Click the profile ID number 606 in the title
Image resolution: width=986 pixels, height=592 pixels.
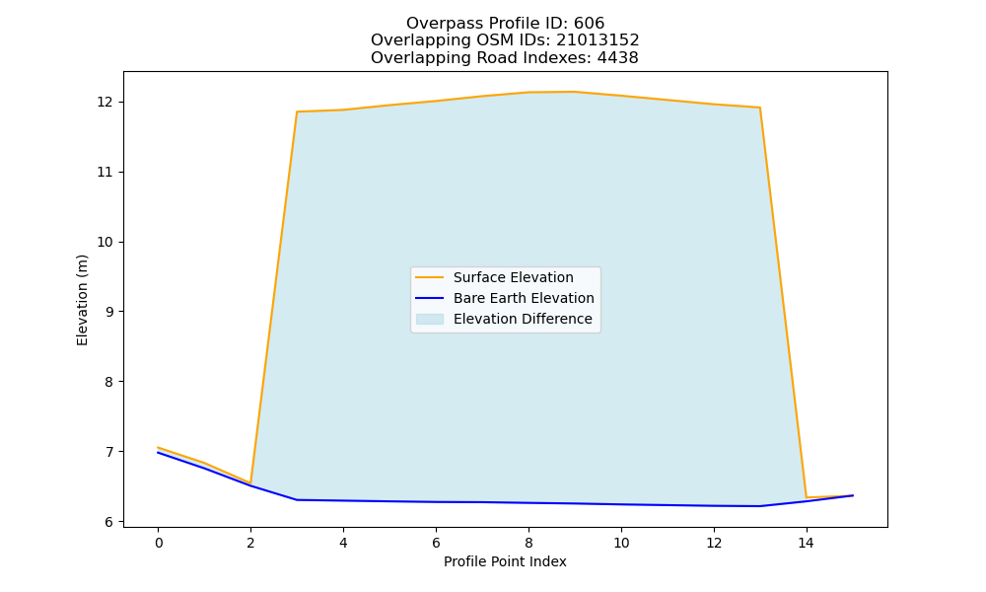click(x=589, y=24)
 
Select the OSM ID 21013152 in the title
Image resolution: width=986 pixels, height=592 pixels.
click(x=598, y=40)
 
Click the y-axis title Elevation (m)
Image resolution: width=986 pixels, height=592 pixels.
click(x=82, y=300)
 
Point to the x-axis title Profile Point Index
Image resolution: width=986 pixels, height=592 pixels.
click(x=505, y=561)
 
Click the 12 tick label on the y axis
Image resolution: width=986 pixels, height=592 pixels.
click(x=106, y=102)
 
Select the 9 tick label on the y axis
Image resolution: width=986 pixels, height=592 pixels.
click(x=109, y=312)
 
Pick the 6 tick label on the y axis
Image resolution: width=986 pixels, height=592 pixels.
click(x=109, y=522)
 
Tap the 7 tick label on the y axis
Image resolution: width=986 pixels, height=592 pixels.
click(x=109, y=452)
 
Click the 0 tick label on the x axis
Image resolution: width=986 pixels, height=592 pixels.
click(x=159, y=543)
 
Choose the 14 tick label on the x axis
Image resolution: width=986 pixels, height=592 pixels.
click(x=807, y=543)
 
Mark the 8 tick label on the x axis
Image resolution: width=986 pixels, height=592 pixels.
click(x=528, y=543)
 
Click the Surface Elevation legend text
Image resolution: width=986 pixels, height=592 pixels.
click(x=513, y=277)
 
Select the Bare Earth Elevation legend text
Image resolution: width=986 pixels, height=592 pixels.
click(x=524, y=298)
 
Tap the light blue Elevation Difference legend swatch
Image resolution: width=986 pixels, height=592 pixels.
click(x=430, y=319)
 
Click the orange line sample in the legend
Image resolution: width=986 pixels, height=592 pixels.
click(x=430, y=277)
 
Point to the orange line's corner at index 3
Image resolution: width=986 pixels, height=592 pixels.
click(x=297, y=111)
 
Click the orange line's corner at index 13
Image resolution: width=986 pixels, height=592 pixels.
click(x=759, y=108)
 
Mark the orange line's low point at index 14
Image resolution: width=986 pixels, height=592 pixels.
click(x=807, y=497)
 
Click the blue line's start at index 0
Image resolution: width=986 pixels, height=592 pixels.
click(x=158, y=452)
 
